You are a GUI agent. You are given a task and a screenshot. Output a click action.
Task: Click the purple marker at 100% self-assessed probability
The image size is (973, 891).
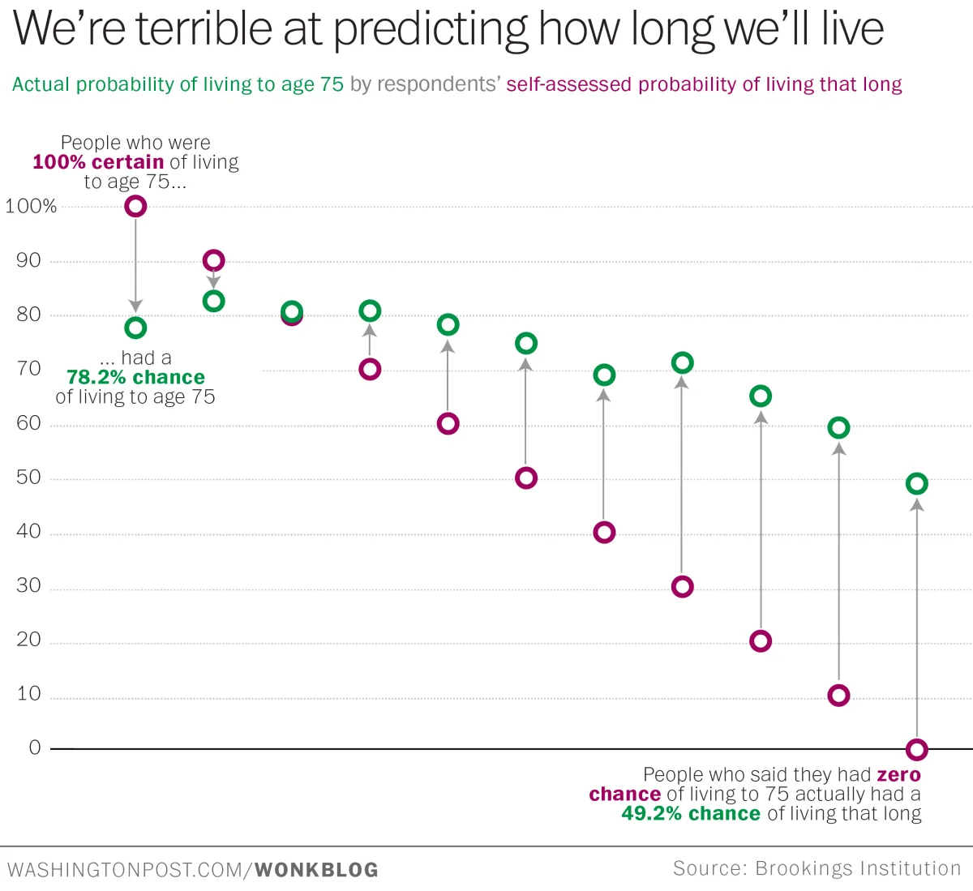point(135,207)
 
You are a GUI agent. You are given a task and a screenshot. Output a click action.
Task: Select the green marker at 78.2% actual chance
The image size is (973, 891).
point(135,328)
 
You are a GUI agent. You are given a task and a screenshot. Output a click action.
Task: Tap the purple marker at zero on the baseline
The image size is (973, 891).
point(916,749)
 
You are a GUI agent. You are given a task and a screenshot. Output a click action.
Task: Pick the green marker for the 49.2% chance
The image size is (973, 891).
point(916,484)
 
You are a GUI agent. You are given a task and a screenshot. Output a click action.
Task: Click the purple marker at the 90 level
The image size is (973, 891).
point(213,260)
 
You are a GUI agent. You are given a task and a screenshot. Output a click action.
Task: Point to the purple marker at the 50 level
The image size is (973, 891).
point(526,478)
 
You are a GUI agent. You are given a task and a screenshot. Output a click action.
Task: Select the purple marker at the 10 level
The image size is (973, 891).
point(838,696)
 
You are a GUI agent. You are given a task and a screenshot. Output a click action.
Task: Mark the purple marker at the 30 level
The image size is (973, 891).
point(682,587)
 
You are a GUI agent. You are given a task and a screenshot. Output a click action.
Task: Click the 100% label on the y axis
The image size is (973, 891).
point(31,207)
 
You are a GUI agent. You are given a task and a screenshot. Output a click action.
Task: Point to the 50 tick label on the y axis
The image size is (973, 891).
point(28,478)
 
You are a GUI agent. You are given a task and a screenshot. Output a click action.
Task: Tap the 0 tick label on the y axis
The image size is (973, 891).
point(35,747)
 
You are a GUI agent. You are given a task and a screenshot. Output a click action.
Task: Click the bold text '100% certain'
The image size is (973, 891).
point(98,162)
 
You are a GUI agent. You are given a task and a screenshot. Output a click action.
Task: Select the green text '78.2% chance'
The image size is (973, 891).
point(135,378)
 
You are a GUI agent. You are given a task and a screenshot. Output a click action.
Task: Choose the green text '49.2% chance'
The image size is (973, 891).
point(691,814)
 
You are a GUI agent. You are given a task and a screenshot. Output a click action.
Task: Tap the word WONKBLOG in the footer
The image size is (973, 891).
point(316,870)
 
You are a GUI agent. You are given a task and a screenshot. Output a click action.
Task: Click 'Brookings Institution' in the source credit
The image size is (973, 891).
point(858,868)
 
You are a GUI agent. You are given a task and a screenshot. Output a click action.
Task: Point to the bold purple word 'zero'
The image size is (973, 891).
point(898,775)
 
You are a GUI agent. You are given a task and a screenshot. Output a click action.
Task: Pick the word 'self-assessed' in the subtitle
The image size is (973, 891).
point(569,85)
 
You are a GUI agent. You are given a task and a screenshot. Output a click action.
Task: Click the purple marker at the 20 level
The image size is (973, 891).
point(761,641)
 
